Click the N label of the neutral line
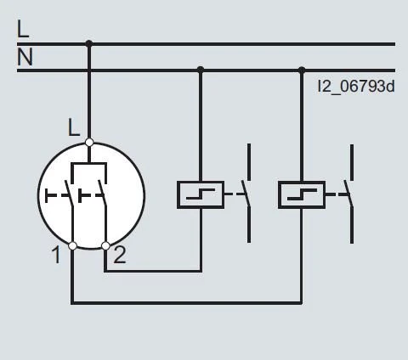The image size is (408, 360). pos(24,58)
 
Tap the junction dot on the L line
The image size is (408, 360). pos(89,43)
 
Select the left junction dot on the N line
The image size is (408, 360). pos(200,70)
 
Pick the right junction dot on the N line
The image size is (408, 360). pos(301,70)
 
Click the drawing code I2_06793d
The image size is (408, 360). pos(356,86)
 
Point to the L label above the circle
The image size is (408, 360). pos(74,128)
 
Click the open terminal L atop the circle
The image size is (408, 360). pos(89,143)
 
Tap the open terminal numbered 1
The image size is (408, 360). pos(72,245)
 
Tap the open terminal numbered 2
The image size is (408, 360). pos(105,245)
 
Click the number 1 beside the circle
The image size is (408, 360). pos(56,254)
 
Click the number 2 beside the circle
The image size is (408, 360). pos(120,254)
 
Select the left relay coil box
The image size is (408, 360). pos(200,194)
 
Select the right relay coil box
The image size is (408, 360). pos(301,194)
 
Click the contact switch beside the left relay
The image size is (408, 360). pos(246,194)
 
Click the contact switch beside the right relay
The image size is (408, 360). pos(348,194)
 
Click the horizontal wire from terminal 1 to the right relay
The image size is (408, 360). pos(187,302)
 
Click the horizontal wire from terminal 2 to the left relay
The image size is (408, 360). pos(153,271)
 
